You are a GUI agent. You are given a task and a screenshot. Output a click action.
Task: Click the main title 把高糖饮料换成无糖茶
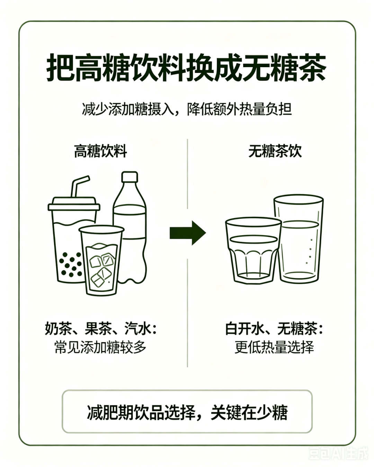click(186, 68)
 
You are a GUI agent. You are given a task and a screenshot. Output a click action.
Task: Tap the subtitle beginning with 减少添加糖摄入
click(187, 109)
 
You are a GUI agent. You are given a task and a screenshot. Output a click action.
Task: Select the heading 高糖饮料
click(100, 151)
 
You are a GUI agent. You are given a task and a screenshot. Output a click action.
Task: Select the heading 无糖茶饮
click(275, 151)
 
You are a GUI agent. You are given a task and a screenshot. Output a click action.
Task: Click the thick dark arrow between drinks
click(188, 233)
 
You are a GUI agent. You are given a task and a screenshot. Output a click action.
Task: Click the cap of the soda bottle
click(130, 177)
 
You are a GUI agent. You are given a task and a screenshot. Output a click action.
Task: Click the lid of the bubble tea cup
click(74, 204)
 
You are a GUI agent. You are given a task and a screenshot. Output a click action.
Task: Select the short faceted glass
click(253, 251)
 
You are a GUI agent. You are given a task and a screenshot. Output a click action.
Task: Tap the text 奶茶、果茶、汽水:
click(101, 328)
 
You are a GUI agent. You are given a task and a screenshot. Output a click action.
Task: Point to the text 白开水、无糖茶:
click(274, 328)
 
